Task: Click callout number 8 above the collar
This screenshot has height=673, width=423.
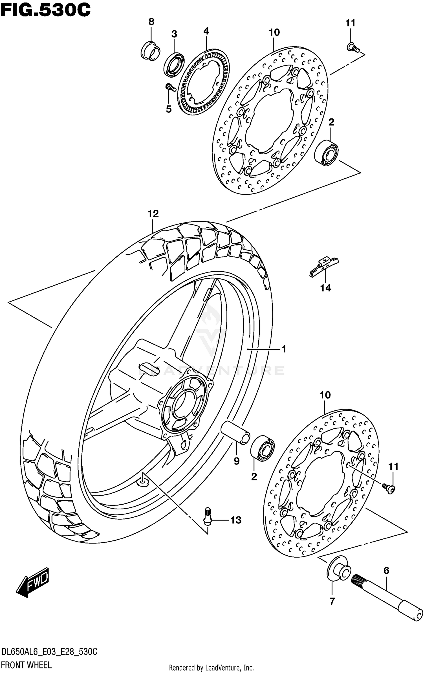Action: point(151,22)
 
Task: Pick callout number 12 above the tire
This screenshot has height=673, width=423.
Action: point(153,214)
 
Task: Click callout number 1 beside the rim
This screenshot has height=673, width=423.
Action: point(284,349)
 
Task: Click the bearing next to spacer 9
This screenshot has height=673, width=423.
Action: point(263,448)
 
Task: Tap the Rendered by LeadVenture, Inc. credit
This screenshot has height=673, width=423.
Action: point(211,668)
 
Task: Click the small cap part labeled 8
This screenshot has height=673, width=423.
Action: point(150,51)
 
